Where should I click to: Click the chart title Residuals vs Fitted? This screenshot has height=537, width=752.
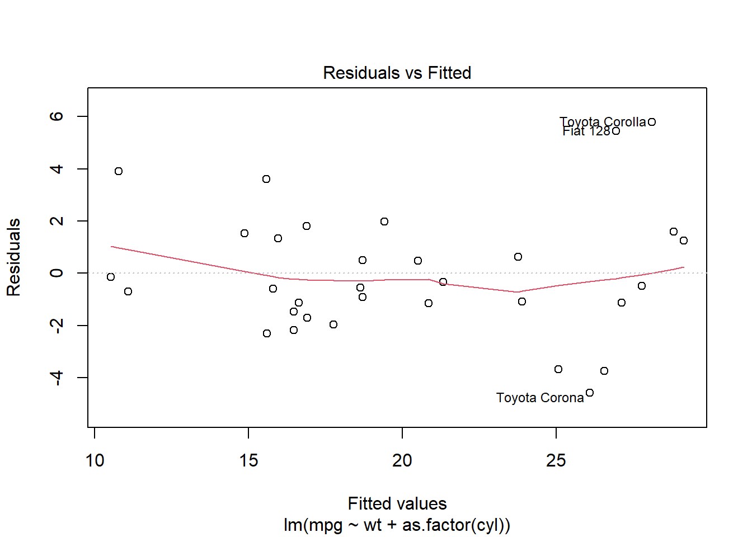[x=397, y=73]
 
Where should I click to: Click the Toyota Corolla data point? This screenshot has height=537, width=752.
[x=652, y=122]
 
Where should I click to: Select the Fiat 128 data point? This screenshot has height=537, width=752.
[x=616, y=131]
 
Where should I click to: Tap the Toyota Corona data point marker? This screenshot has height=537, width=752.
[x=590, y=393]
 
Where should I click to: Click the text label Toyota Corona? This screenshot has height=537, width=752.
[x=540, y=398]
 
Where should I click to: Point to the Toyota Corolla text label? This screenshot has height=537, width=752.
[x=603, y=122]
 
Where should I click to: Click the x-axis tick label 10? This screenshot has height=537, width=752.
[x=95, y=460]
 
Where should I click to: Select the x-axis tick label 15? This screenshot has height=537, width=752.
[x=248, y=460]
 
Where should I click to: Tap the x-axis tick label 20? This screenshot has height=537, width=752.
[x=402, y=460]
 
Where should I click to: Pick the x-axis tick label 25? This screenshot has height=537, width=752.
[x=556, y=460]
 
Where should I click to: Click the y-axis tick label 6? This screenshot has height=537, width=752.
[x=57, y=116]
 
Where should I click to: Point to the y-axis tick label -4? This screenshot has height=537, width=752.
[x=57, y=378]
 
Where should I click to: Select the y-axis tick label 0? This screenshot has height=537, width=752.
[x=57, y=273]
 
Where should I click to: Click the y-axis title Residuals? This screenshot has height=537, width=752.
[x=13, y=257]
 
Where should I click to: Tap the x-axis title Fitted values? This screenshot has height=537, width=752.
[x=397, y=503]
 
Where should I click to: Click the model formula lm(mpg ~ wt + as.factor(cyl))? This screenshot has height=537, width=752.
[x=397, y=525]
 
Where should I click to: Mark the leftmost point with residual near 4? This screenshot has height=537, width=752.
[x=119, y=171]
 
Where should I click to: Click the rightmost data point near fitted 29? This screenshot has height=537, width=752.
[x=684, y=241]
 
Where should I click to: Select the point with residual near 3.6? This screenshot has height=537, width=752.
[x=266, y=179]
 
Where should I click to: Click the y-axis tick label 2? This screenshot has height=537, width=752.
[x=57, y=221]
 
